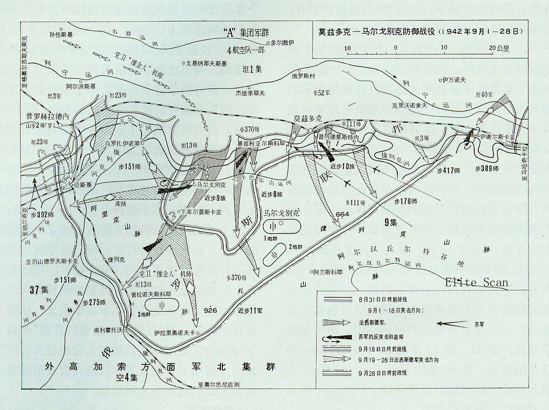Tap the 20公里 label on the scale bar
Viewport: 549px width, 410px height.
[496, 47]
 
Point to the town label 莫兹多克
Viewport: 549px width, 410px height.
[308, 118]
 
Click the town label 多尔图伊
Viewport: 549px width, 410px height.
[283, 43]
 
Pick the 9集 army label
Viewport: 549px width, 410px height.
[391, 223]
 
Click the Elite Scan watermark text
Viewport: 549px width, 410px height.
[477, 282]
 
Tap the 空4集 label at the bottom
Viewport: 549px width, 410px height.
[126, 378]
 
